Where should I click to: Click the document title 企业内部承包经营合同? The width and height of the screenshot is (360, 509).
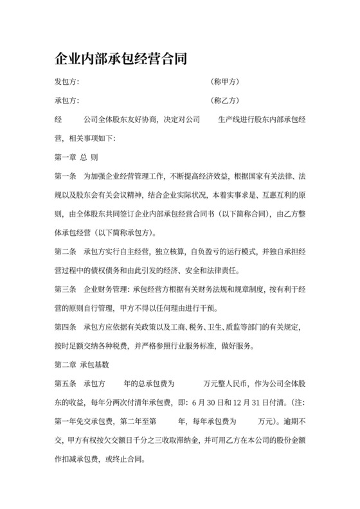point(121,60)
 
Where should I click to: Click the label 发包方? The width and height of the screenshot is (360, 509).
point(67,82)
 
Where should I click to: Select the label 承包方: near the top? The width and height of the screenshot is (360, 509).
point(67,101)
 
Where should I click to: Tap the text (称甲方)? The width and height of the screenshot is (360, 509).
point(225,82)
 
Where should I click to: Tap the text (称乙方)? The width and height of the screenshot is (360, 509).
point(225,101)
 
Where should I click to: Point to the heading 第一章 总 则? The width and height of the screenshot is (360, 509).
point(76,157)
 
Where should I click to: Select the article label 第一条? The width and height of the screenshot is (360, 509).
point(67,175)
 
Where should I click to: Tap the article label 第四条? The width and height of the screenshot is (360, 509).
point(67,326)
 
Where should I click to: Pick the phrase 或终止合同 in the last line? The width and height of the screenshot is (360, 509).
point(130,460)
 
